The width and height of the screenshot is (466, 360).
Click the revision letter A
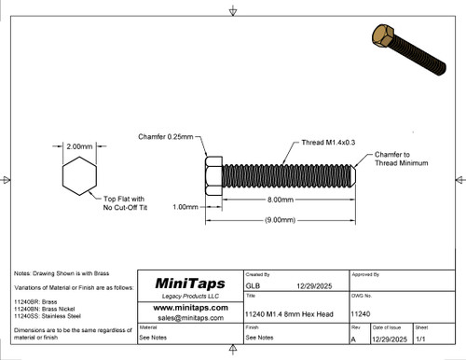354,339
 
